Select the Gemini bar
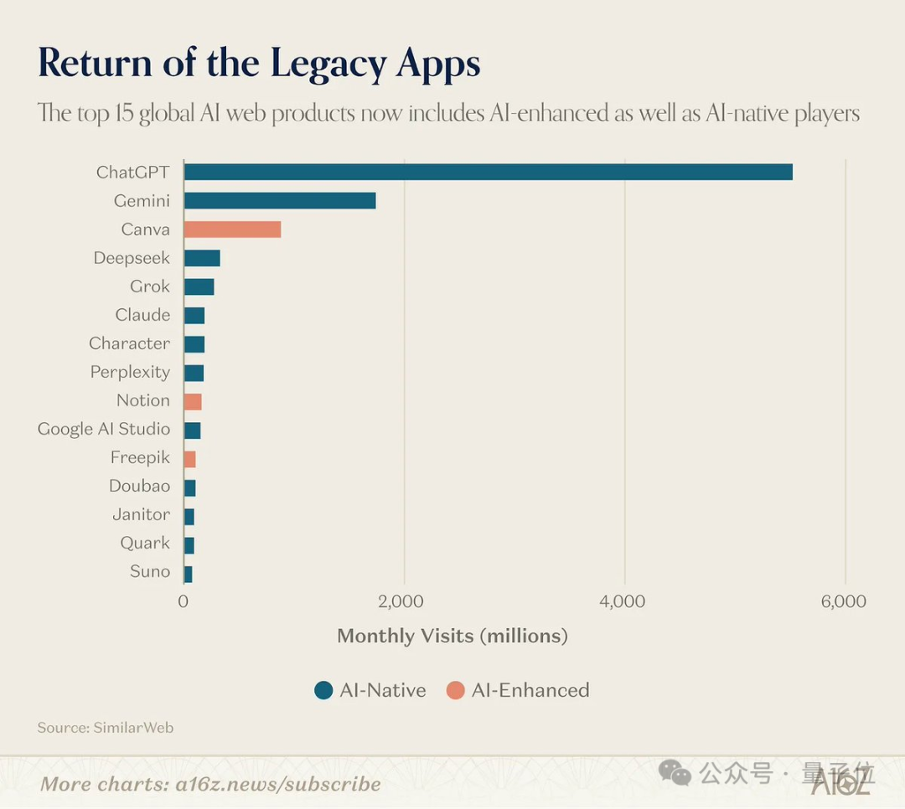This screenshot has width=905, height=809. [x=280, y=201]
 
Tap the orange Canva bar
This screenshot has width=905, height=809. [x=232, y=229]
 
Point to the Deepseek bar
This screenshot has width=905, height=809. [x=202, y=258]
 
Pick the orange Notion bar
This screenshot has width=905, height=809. [x=193, y=401]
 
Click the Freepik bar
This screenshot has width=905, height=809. [x=189, y=458]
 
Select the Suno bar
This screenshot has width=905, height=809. [x=188, y=573]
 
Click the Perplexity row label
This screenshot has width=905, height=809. [x=130, y=372]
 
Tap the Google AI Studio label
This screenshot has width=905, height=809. [x=104, y=429]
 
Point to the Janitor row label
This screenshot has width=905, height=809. [x=141, y=514]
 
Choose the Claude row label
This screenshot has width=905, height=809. [x=142, y=315]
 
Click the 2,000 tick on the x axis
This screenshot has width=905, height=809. [x=401, y=601]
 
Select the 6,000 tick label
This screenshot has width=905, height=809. [x=843, y=601]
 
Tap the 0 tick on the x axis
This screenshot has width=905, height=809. [x=184, y=601]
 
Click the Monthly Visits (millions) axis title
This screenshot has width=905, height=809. [x=452, y=636]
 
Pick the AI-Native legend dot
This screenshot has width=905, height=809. [x=324, y=690]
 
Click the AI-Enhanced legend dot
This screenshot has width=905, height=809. [x=456, y=690]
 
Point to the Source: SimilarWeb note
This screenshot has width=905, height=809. [x=106, y=728]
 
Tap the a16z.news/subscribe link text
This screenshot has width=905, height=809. [x=277, y=784]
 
